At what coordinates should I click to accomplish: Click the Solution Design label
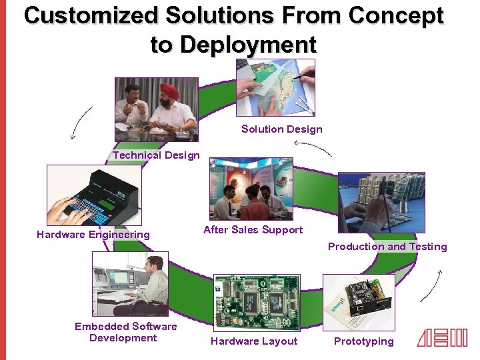[281, 129]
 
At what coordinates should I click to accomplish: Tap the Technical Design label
[156, 155]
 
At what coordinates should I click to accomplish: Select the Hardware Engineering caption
[93, 235]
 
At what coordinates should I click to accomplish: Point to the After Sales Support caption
[253, 230]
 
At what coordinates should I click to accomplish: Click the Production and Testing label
[387, 247]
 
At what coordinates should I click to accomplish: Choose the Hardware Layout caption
[254, 341]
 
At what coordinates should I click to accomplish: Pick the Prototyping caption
[363, 341]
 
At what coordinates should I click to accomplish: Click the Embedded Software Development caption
[125, 332]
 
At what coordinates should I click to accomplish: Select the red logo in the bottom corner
[442, 339]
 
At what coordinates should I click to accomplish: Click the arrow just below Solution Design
[312, 147]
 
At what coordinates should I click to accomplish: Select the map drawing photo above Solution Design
[275, 87]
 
